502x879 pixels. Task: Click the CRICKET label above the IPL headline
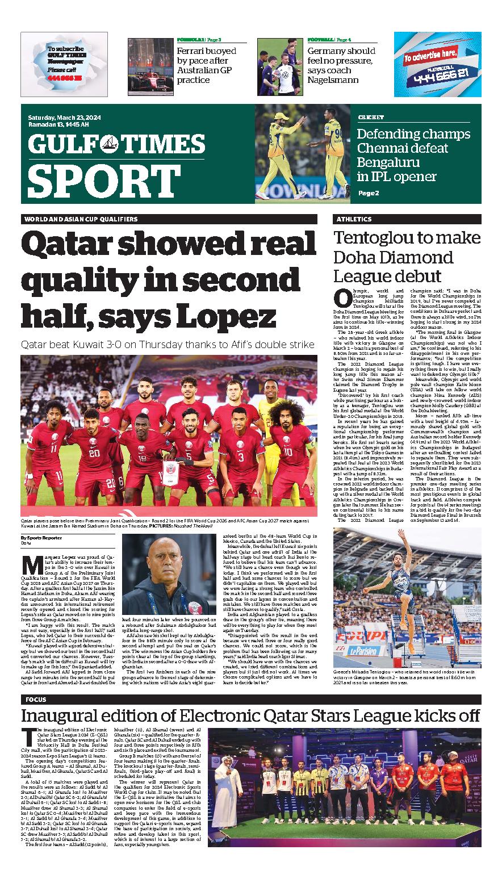[x=370, y=118]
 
